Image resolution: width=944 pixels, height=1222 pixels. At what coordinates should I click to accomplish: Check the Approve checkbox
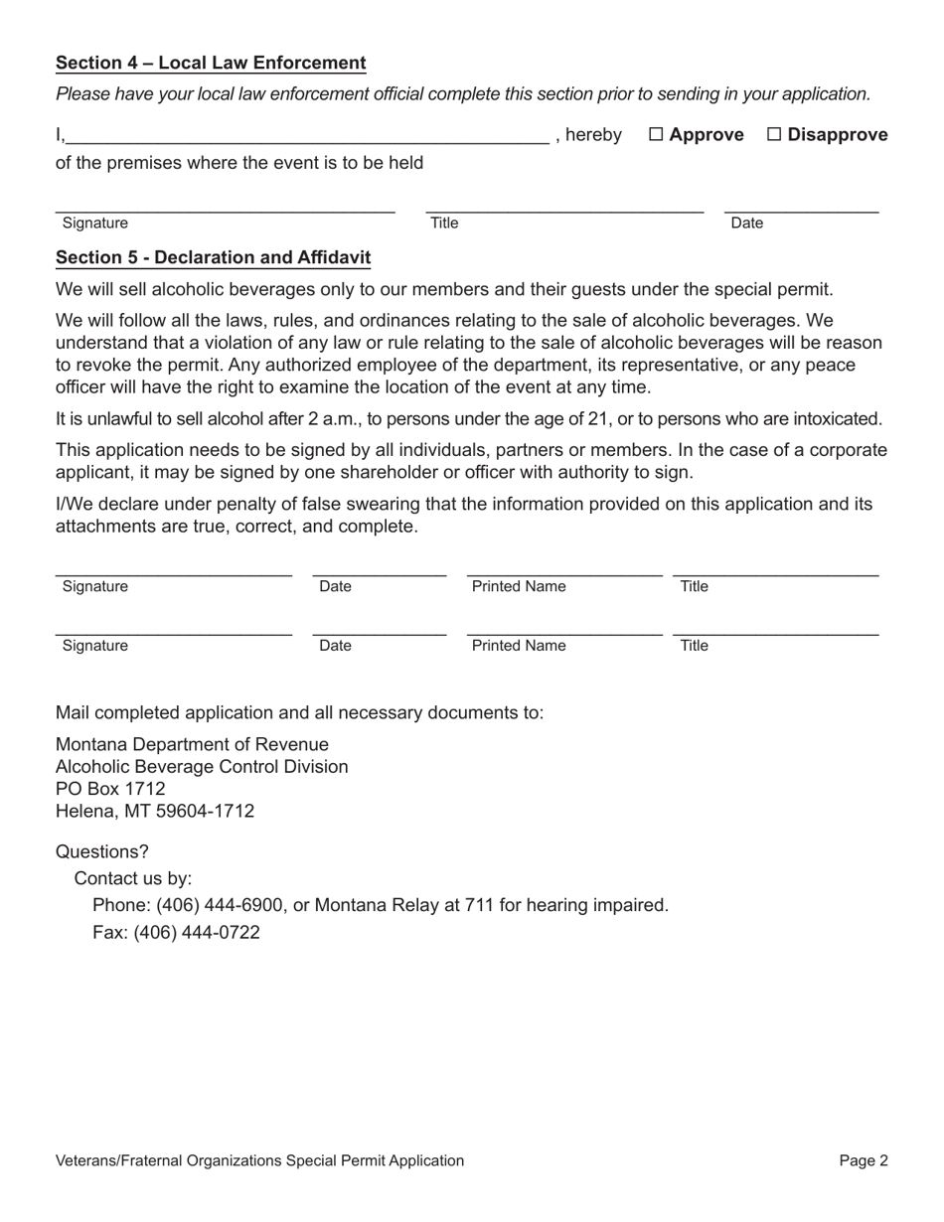click(656, 135)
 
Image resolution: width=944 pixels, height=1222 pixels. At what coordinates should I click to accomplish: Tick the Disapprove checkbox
click(774, 135)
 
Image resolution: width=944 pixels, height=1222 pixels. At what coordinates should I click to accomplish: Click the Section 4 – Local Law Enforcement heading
click(211, 64)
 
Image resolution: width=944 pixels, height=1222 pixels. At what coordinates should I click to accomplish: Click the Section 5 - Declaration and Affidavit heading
click(213, 258)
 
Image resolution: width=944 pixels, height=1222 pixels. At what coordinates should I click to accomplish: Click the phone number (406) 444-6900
click(222, 905)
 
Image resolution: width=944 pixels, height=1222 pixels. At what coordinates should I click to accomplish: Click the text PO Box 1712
click(110, 789)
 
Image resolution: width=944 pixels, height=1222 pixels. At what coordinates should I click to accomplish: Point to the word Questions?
click(102, 852)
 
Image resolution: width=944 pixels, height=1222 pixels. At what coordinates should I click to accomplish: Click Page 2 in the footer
click(863, 1160)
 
